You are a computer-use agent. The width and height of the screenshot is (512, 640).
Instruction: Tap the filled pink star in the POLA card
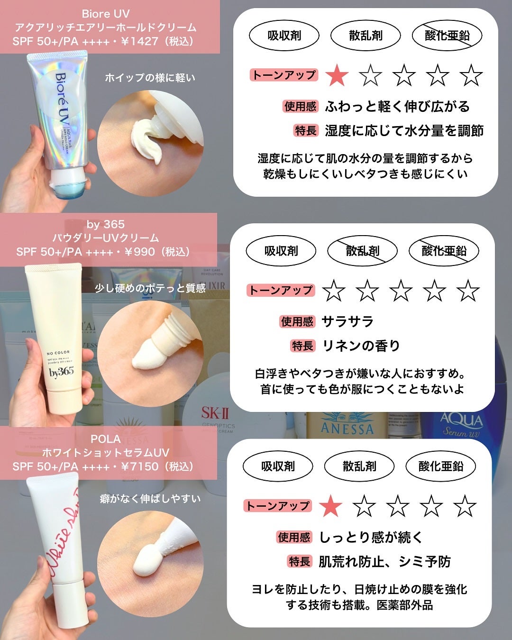pyautogui.click(x=330, y=506)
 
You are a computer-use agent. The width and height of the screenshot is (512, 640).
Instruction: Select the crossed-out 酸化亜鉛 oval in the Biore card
pyautogui.click(x=447, y=36)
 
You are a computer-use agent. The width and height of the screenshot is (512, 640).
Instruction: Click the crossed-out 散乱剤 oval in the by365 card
pyautogui.click(x=363, y=251)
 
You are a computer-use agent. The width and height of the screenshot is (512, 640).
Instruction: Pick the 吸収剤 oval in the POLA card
pyautogui.click(x=278, y=466)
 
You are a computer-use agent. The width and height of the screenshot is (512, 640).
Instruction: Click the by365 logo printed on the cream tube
pyautogui.click(x=62, y=372)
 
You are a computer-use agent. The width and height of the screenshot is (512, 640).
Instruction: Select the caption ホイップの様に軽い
pyautogui.click(x=150, y=78)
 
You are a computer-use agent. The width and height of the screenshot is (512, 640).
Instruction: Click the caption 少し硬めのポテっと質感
pyautogui.click(x=150, y=288)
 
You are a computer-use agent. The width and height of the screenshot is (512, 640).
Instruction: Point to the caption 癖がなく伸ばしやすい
pyautogui.click(x=150, y=499)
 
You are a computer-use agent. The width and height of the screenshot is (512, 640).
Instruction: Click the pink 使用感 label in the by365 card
pyautogui.click(x=297, y=322)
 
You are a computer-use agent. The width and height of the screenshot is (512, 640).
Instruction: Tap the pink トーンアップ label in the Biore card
pyautogui.click(x=283, y=75)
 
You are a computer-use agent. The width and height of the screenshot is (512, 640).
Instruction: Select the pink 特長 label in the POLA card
pyautogui.click(x=300, y=562)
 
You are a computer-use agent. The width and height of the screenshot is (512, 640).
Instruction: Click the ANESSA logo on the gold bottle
pyautogui.click(x=347, y=428)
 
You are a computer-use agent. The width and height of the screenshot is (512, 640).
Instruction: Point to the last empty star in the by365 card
pyautogui.click(x=468, y=291)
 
